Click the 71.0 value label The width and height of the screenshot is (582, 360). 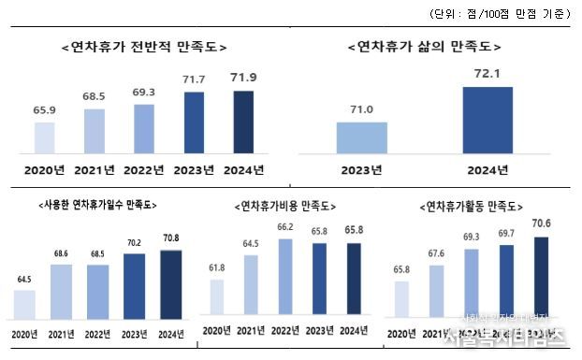(362, 109)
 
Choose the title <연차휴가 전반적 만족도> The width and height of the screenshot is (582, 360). (143, 47)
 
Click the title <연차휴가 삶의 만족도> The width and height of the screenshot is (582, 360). (424, 47)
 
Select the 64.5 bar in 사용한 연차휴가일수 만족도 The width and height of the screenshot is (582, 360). (25, 304)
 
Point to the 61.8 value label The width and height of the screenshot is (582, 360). (216, 267)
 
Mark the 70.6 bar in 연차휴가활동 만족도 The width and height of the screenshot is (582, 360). (540, 278)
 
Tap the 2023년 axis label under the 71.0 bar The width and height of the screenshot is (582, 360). (361, 170)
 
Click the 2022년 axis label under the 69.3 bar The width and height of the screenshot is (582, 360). (143, 170)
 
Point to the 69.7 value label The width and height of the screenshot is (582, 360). (506, 235)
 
